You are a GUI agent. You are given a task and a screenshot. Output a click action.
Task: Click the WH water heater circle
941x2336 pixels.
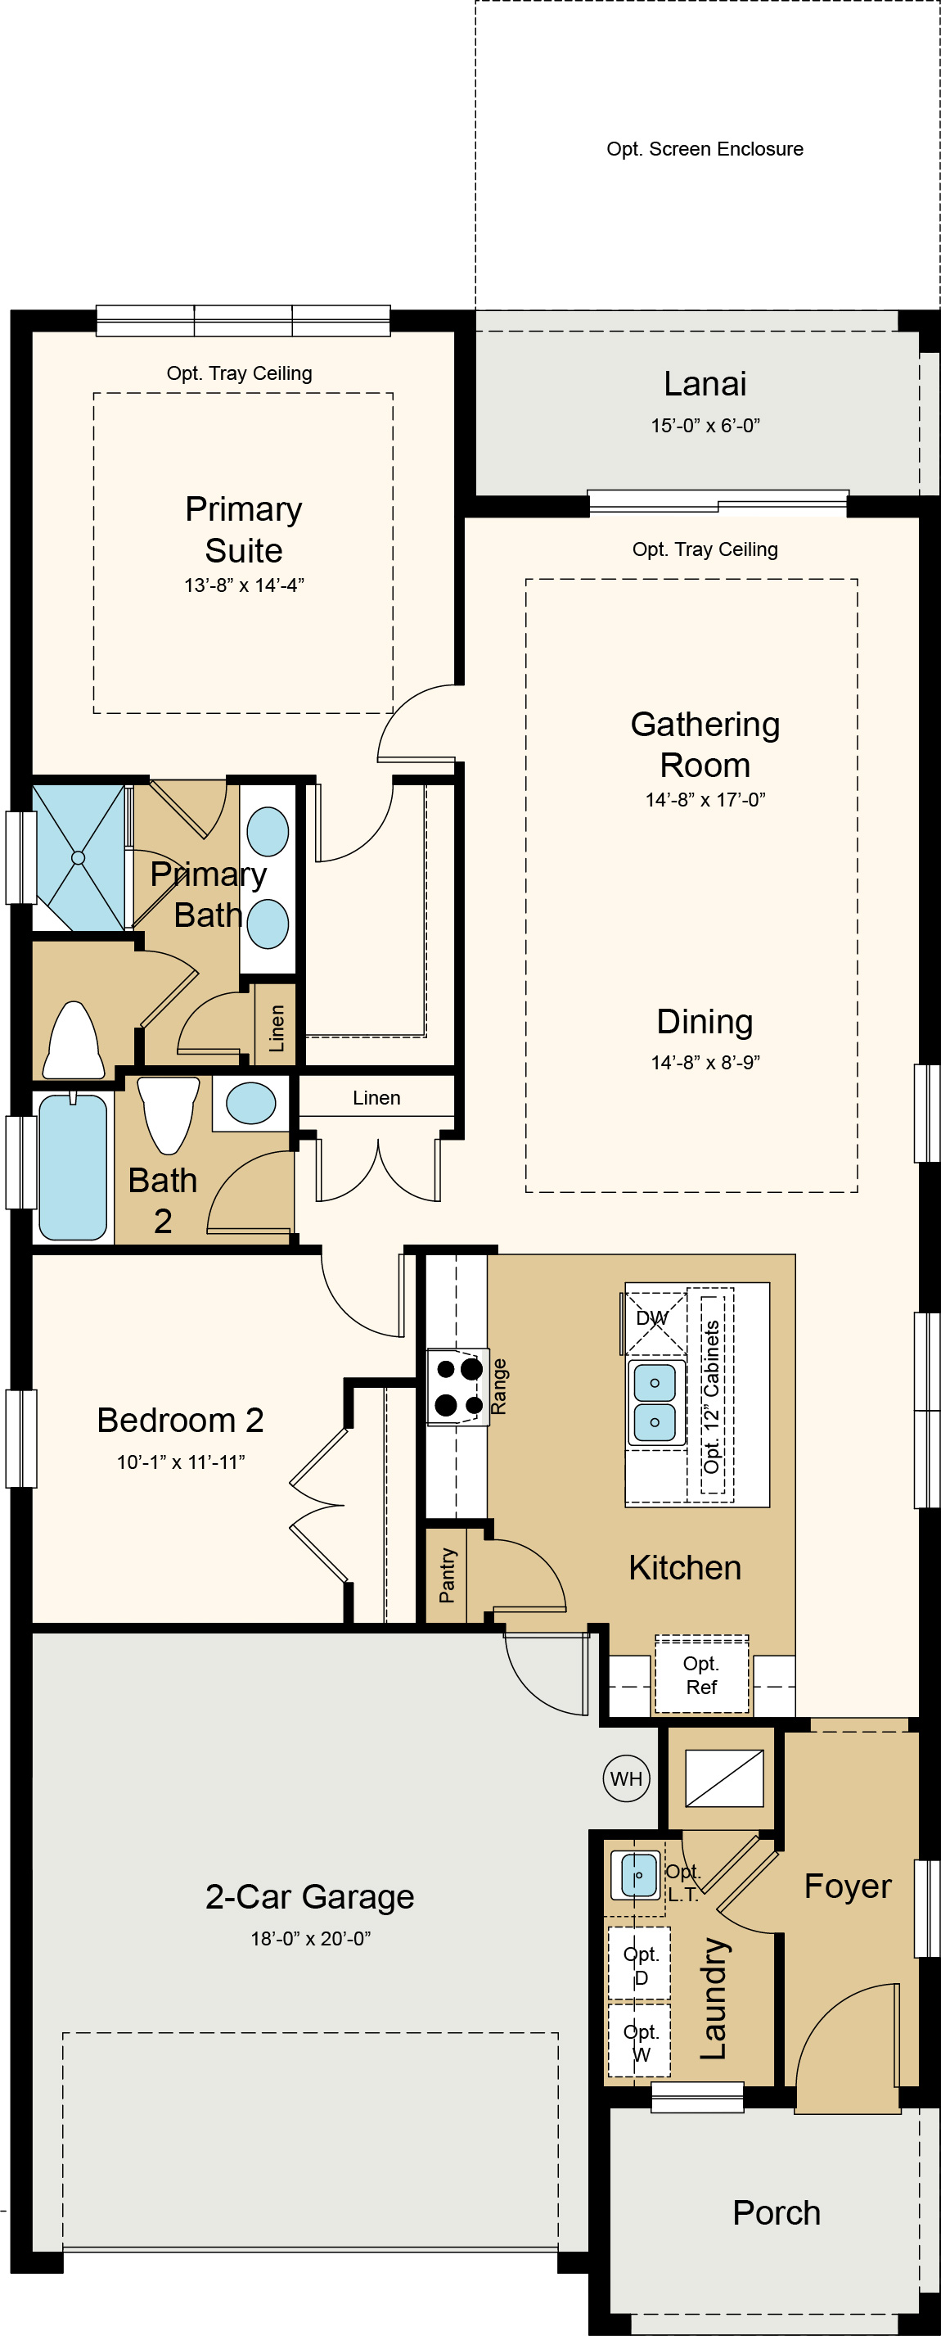pyautogui.click(x=627, y=1778)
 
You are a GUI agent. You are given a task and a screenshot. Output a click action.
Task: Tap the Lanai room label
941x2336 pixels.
pyautogui.click(x=705, y=383)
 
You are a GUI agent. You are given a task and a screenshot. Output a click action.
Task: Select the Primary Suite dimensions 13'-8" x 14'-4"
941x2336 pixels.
pyautogui.click(x=244, y=585)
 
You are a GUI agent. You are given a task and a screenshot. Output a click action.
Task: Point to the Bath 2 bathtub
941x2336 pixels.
pyautogui.click(x=74, y=1166)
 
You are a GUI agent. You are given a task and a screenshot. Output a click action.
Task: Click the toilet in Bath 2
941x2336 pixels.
pyautogui.click(x=168, y=1114)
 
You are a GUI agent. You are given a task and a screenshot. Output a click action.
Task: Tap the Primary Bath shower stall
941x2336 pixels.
pyautogui.click(x=79, y=858)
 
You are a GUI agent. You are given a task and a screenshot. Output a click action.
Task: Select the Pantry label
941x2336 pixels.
pyautogui.click(x=447, y=1575)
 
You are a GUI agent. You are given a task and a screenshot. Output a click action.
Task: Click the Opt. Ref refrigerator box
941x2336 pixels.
pyautogui.click(x=702, y=1675)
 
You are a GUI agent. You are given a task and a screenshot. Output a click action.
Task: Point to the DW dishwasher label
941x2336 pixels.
pyautogui.click(x=652, y=1317)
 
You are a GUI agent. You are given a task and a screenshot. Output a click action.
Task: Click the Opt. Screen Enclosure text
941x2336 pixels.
pyautogui.click(x=705, y=149)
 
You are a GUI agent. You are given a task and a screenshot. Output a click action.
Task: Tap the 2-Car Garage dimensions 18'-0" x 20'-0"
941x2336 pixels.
pyautogui.click(x=311, y=1939)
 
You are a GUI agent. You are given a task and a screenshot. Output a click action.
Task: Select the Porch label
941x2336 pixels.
pyautogui.click(x=776, y=2212)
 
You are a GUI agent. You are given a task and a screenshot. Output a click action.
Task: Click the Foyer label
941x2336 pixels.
pyautogui.click(x=848, y=1886)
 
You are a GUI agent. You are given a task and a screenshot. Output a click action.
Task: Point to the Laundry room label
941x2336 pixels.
pyautogui.click(x=714, y=1999)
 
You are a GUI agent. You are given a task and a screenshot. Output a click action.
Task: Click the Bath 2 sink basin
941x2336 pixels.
pyautogui.click(x=251, y=1104)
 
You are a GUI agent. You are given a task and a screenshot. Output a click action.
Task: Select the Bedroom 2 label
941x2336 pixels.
pyautogui.click(x=180, y=1420)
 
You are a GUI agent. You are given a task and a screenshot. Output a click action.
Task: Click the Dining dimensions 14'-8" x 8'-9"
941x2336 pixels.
pyautogui.click(x=705, y=1062)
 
